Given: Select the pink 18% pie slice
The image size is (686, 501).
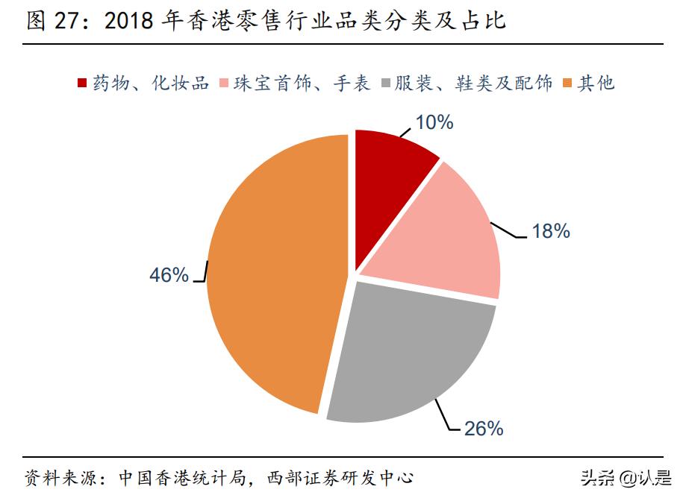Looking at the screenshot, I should [x=440, y=239].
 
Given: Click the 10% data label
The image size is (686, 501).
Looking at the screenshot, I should [x=434, y=123].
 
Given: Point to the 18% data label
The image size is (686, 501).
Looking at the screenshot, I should [x=550, y=232].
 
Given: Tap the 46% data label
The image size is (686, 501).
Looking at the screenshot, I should [x=169, y=275].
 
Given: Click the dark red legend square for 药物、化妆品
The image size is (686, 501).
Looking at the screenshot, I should [x=82, y=83].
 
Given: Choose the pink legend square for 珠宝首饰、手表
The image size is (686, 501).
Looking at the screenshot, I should [x=222, y=83].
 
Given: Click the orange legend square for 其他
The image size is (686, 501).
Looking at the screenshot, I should [x=567, y=83].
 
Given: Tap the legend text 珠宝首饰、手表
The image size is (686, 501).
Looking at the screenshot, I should [x=302, y=83].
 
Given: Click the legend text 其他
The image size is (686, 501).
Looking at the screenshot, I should [x=597, y=83].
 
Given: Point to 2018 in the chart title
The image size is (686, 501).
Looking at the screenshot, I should [x=129, y=21].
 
